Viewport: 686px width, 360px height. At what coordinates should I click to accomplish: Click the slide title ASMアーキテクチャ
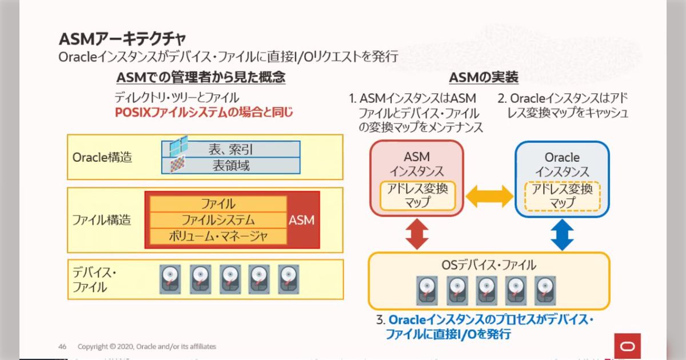tap(122, 39)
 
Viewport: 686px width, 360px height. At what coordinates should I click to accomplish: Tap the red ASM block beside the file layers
tap(301, 220)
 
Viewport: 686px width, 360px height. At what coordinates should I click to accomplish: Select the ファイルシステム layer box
tap(218, 220)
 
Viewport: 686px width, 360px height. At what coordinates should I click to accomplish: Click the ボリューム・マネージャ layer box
tap(218, 236)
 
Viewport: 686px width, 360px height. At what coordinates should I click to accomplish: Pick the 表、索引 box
tap(230, 150)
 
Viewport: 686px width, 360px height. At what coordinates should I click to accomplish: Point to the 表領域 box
tap(230, 166)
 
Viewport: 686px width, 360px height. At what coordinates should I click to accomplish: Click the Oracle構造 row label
tap(102, 158)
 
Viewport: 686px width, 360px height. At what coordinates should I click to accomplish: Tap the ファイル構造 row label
tap(102, 220)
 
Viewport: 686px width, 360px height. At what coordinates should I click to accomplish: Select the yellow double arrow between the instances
tap(489, 196)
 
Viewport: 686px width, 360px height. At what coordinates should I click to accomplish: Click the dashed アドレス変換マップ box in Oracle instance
tap(563, 196)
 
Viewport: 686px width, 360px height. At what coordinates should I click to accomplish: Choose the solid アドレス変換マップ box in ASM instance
tap(417, 195)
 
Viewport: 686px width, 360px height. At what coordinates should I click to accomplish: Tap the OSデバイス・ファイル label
tap(489, 265)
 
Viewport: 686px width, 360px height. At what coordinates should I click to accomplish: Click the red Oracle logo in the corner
tap(627, 346)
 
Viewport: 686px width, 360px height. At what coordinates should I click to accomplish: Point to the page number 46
tap(63, 346)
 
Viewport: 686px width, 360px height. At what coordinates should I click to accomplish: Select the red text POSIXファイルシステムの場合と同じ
tap(204, 113)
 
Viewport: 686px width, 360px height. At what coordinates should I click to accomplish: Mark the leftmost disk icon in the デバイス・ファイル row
tap(170, 279)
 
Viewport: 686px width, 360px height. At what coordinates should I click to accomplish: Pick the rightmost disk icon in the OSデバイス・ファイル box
tap(545, 290)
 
